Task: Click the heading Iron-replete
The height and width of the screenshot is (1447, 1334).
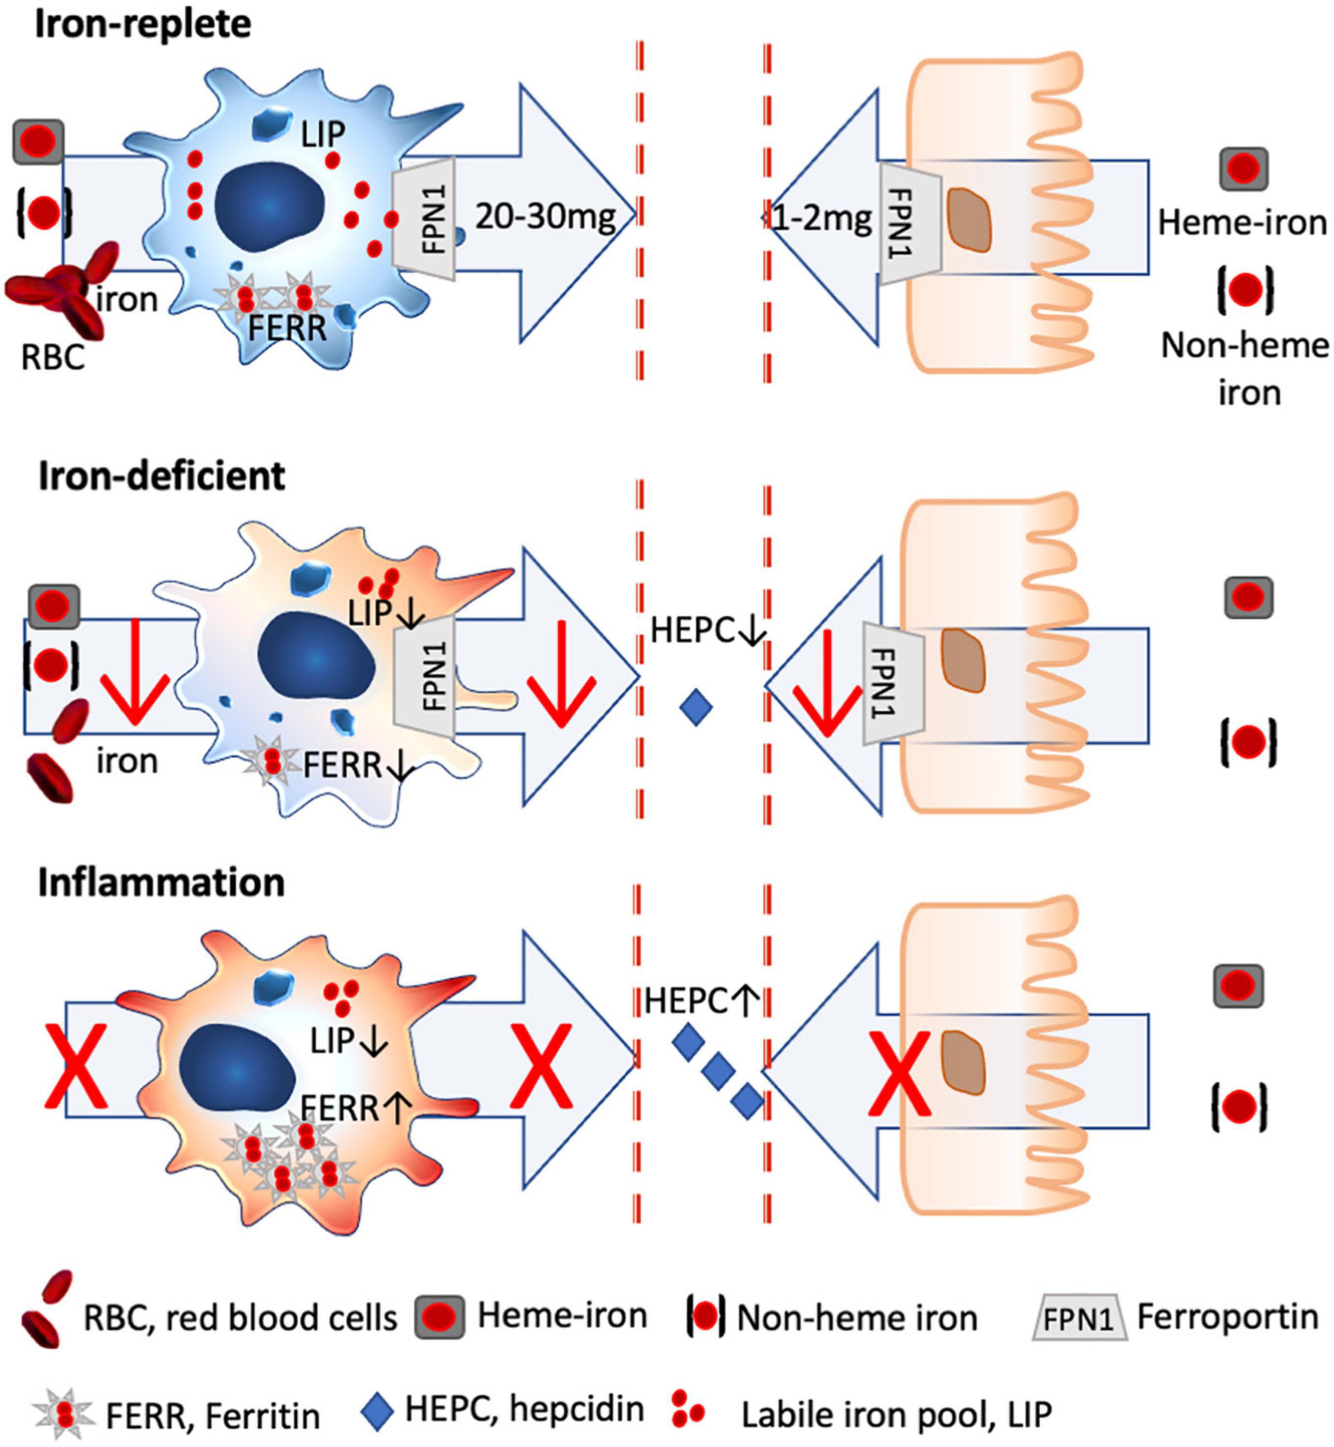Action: (x=143, y=25)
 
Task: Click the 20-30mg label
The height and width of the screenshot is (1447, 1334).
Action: (x=545, y=216)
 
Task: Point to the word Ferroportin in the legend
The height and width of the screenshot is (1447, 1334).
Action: (x=1227, y=1317)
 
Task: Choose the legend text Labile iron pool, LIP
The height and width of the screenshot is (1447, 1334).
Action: (x=897, y=1415)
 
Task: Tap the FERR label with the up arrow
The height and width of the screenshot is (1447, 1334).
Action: (x=355, y=1108)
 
